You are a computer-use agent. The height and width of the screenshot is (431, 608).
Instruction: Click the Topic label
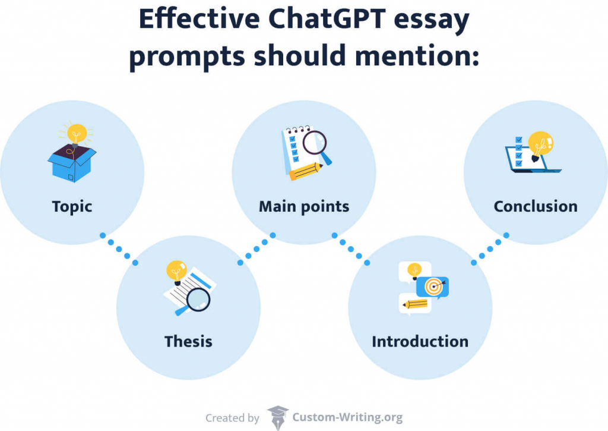tap(72, 206)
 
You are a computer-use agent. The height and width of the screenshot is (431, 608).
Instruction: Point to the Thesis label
tap(188, 341)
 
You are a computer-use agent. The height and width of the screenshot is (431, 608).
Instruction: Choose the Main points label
tap(304, 206)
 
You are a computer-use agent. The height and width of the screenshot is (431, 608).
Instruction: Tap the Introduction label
tap(420, 341)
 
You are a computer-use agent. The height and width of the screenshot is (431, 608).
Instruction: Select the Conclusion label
tap(536, 206)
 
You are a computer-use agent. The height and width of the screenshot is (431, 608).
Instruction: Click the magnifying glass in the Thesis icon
tap(197, 299)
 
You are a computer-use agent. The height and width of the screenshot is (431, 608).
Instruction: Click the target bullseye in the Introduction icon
tap(434, 287)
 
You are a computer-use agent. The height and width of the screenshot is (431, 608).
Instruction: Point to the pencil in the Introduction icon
tap(416, 304)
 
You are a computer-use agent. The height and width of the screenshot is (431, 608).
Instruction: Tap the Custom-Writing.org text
tap(347, 417)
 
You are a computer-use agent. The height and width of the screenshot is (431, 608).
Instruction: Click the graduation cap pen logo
tap(277, 416)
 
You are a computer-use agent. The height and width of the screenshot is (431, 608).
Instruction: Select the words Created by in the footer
tap(232, 418)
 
